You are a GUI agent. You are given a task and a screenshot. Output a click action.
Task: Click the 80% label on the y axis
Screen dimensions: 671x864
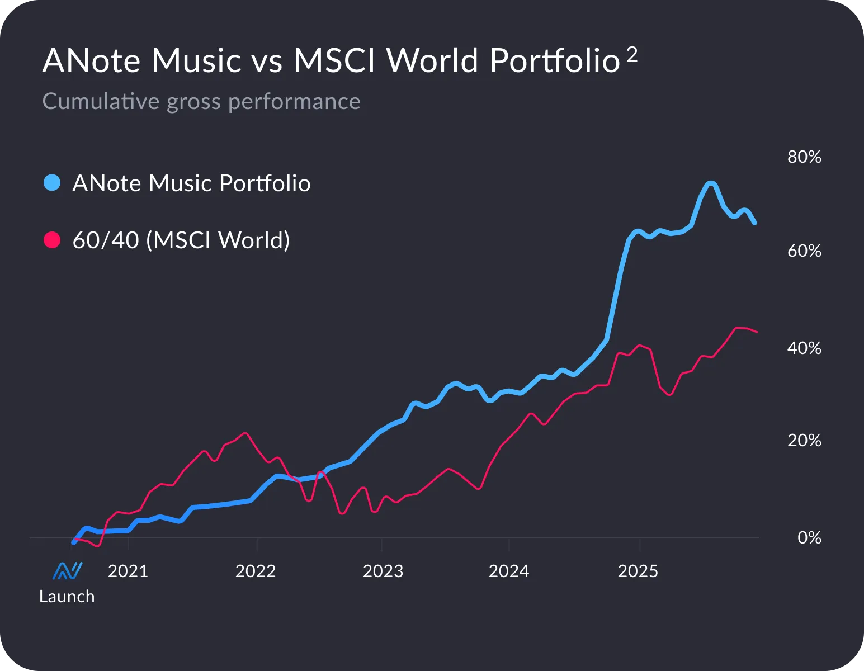pyautogui.click(x=804, y=157)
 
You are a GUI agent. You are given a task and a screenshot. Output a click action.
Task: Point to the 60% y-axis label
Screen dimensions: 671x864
pyautogui.click(x=804, y=251)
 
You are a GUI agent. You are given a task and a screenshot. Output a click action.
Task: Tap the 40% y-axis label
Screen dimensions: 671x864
pyautogui.click(x=804, y=348)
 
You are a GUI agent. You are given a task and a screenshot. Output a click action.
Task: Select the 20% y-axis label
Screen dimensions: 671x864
pyautogui.click(x=804, y=441)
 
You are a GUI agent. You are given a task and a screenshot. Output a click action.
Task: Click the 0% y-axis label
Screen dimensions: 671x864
pyautogui.click(x=809, y=538)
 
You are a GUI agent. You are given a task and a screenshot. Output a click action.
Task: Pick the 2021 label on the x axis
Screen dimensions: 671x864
pyautogui.click(x=128, y=571)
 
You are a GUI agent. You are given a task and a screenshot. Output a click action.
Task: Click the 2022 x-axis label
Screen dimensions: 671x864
pyautogui.click(x=256, y=571)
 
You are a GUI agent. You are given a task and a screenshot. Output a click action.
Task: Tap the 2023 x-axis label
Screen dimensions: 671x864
pyautogui.click(x=383, y=571)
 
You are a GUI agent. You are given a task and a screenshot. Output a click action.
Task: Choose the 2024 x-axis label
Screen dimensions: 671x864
pyautogui.click(x=509, y=571)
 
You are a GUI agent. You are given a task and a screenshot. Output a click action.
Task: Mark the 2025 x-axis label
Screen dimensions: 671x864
pyautogui.click(x=638, y=571)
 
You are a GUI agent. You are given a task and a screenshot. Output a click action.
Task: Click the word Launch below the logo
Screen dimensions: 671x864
pyautogui.click(x=67, y=597)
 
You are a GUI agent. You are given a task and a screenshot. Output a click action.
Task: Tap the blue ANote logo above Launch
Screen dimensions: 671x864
pyautogui.click(x=68, y=571)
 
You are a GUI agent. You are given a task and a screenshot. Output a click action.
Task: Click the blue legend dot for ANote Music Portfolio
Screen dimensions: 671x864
pyautogui.click(x=52, y=183)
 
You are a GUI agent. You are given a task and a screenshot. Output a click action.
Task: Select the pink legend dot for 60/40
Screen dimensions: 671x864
pyautogui.click(x=52, y=240)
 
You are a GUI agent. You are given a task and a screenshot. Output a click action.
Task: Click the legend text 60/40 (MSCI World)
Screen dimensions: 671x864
pyautogui.click(x=181, y=240)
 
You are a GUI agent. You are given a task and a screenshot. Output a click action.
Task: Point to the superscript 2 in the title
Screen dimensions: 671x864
pyautogui.click(x=632, y=54)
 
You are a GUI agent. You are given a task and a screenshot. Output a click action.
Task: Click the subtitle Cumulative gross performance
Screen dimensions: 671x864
pyautogui.click(x=201, y=102)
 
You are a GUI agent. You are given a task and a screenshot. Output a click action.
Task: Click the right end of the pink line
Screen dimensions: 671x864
pyautogui.click(x=757, y=332)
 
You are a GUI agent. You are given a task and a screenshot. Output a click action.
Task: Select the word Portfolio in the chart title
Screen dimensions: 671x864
pyautogui.click(x=554, y=60)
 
